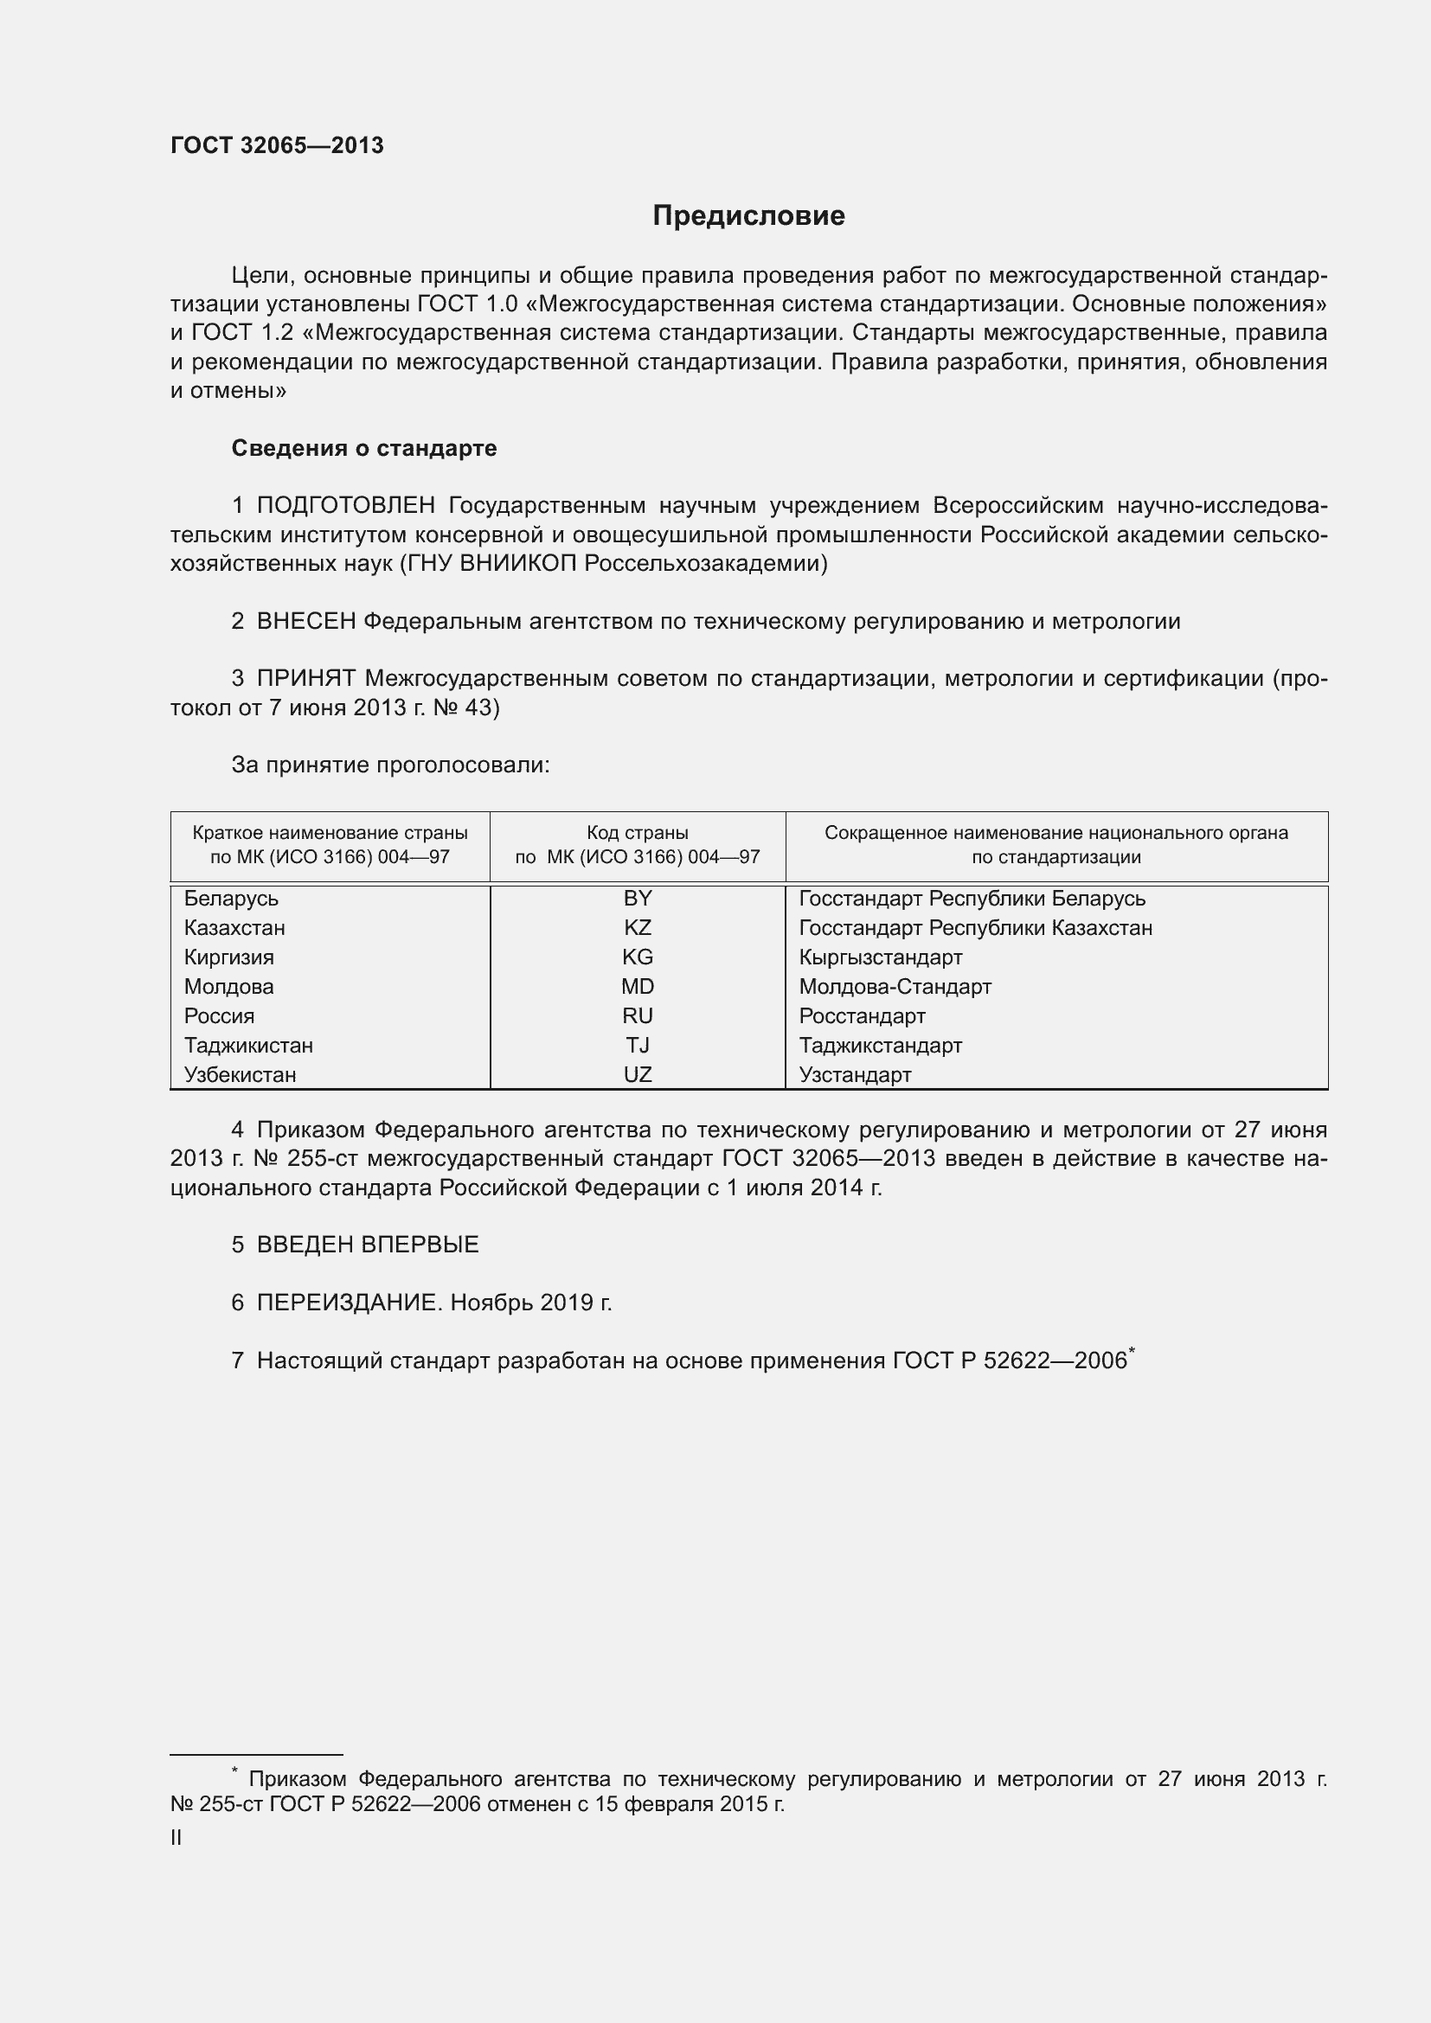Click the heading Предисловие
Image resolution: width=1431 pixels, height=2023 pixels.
click(x=748, y=216)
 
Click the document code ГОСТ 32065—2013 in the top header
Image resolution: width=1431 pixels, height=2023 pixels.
click(x=277, y=145)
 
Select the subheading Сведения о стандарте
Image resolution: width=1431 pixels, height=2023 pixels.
click(x=364, y=449)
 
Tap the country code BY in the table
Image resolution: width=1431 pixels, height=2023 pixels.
click(x=637, y=899)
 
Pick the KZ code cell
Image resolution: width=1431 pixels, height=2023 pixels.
click(x=637, y=928)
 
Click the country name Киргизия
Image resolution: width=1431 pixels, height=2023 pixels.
click(x=229, y=957)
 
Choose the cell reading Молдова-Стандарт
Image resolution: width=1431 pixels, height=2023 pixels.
click(x=895, y=987)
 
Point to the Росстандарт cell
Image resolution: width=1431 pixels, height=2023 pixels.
click(x=862, y=1016)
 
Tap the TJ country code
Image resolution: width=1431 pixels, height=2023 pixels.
click(x=637, y=1046)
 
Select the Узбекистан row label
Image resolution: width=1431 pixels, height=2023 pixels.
click(x=240, y=1075)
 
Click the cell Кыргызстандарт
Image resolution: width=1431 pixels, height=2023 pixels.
click(x=880, y=957)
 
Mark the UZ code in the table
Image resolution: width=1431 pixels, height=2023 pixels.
click(x=637, y=1075)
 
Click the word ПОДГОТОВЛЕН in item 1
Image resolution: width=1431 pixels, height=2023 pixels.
click(x=345, y=506)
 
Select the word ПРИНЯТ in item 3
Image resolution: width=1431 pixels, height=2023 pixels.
click(x=305, y=678)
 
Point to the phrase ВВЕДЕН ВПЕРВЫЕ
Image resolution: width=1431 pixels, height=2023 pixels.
click(x=368, y=1245)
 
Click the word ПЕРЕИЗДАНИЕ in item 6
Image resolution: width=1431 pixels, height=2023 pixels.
click(x=346, y=1303)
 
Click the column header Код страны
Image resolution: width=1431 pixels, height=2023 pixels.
click(x=637, y=834)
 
